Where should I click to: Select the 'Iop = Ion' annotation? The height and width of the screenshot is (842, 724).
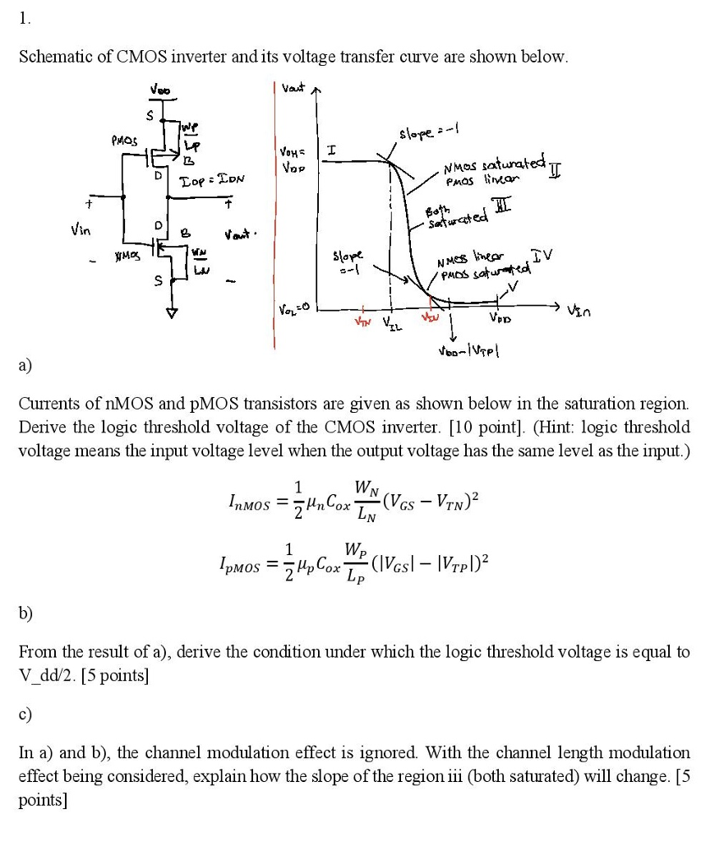tap(211, 178)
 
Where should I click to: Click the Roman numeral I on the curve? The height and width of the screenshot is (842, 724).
tap(330, 150)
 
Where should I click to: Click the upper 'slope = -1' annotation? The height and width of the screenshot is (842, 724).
tap(423, 135)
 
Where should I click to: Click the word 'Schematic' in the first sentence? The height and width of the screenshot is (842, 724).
tap(59, 57)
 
